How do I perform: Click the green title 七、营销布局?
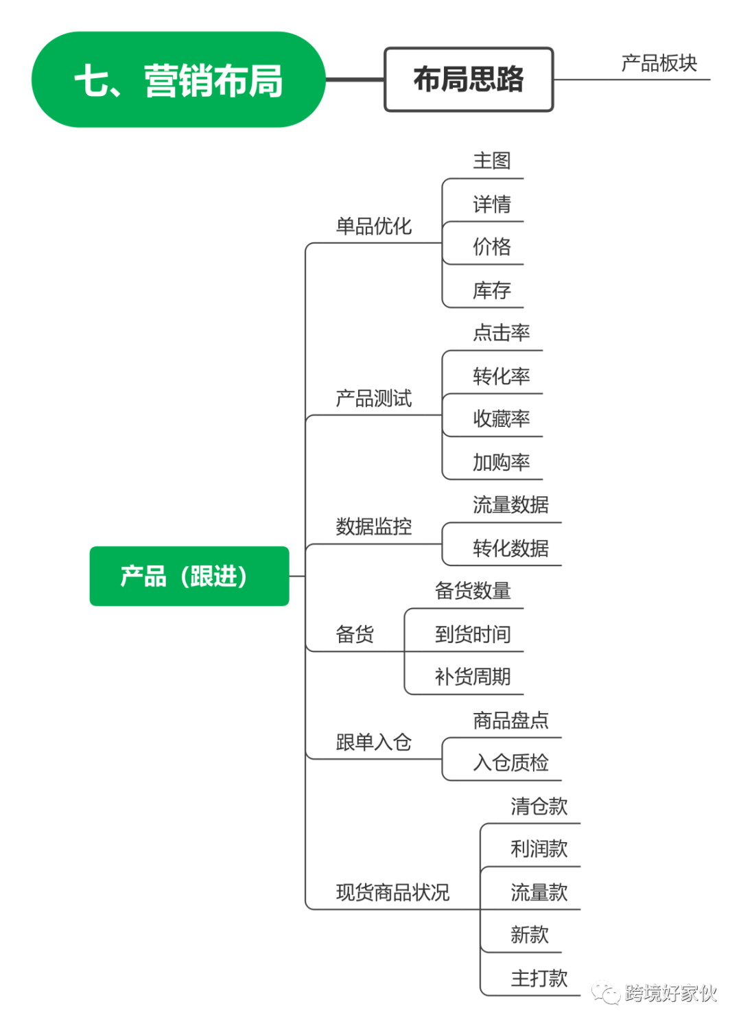[x=178, y=80]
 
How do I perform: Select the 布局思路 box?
[x=469, y=79]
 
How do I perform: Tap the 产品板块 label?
[x=659, y=62]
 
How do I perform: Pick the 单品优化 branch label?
[x=373, y=225]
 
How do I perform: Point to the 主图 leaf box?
[x=491, y=161]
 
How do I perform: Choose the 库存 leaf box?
[x=491, y=290]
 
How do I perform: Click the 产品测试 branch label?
[x=373, y=397]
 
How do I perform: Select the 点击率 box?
[x=501, y=332]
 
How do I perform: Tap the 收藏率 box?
[x=501, y=419]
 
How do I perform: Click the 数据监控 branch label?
[x=373, y=526]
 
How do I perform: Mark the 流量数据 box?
[x=510, y=504]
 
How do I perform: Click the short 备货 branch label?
[x=355, y=633]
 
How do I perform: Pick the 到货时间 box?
[x=472, y=633]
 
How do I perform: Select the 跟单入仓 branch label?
[x=373, y=741]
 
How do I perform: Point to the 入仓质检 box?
[x=510, y=762]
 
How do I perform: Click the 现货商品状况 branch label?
[x=392, y=891]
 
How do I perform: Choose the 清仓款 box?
[x=539, y=806]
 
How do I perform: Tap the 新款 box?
[x=529, y=934]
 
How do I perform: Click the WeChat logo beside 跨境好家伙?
[x=606, y=992]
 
